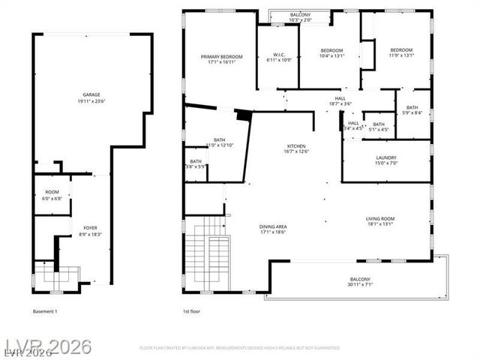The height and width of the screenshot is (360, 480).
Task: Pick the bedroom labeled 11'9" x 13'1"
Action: coord(401,52)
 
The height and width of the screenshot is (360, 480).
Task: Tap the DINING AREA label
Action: coord(274,229)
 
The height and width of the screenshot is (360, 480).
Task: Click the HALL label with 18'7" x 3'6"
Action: coord(340,101)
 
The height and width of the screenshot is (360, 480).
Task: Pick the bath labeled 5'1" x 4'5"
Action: coord(379,127)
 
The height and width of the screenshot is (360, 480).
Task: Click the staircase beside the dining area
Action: coord(206,255)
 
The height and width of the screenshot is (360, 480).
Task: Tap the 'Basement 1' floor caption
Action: coord(45,310)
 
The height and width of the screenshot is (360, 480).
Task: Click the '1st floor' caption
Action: coord(193,310)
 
